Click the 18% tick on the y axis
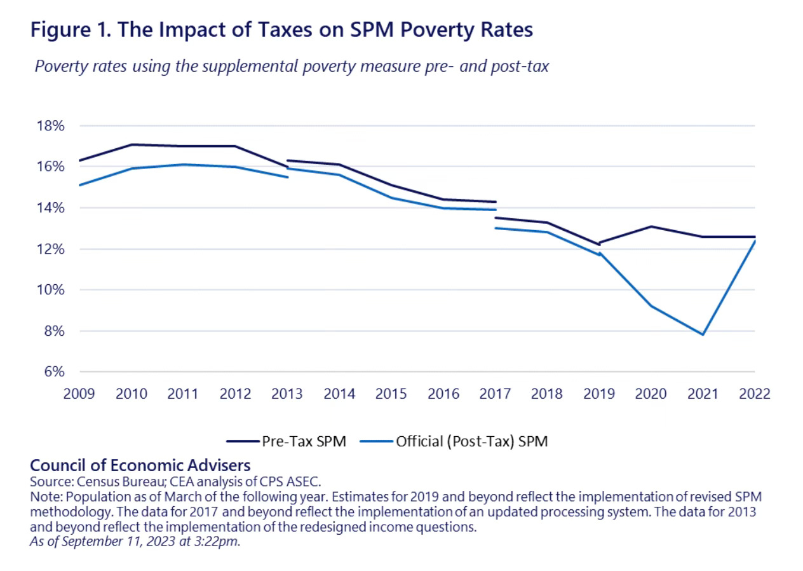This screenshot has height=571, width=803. [50, 125]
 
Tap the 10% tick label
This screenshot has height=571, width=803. [50, 290]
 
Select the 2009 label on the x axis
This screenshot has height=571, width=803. [79, 394]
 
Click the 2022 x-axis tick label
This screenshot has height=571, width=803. [755, 394]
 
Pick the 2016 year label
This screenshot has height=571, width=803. [443, 394]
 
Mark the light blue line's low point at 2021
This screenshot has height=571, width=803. [703, 334]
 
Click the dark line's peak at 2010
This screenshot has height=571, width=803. [132, 144]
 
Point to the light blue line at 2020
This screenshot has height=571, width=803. [651, 306]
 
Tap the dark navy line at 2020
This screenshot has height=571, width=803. [651, 226]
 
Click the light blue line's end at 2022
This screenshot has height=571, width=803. [755, 241]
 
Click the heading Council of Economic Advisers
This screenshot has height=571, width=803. [140, 465]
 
